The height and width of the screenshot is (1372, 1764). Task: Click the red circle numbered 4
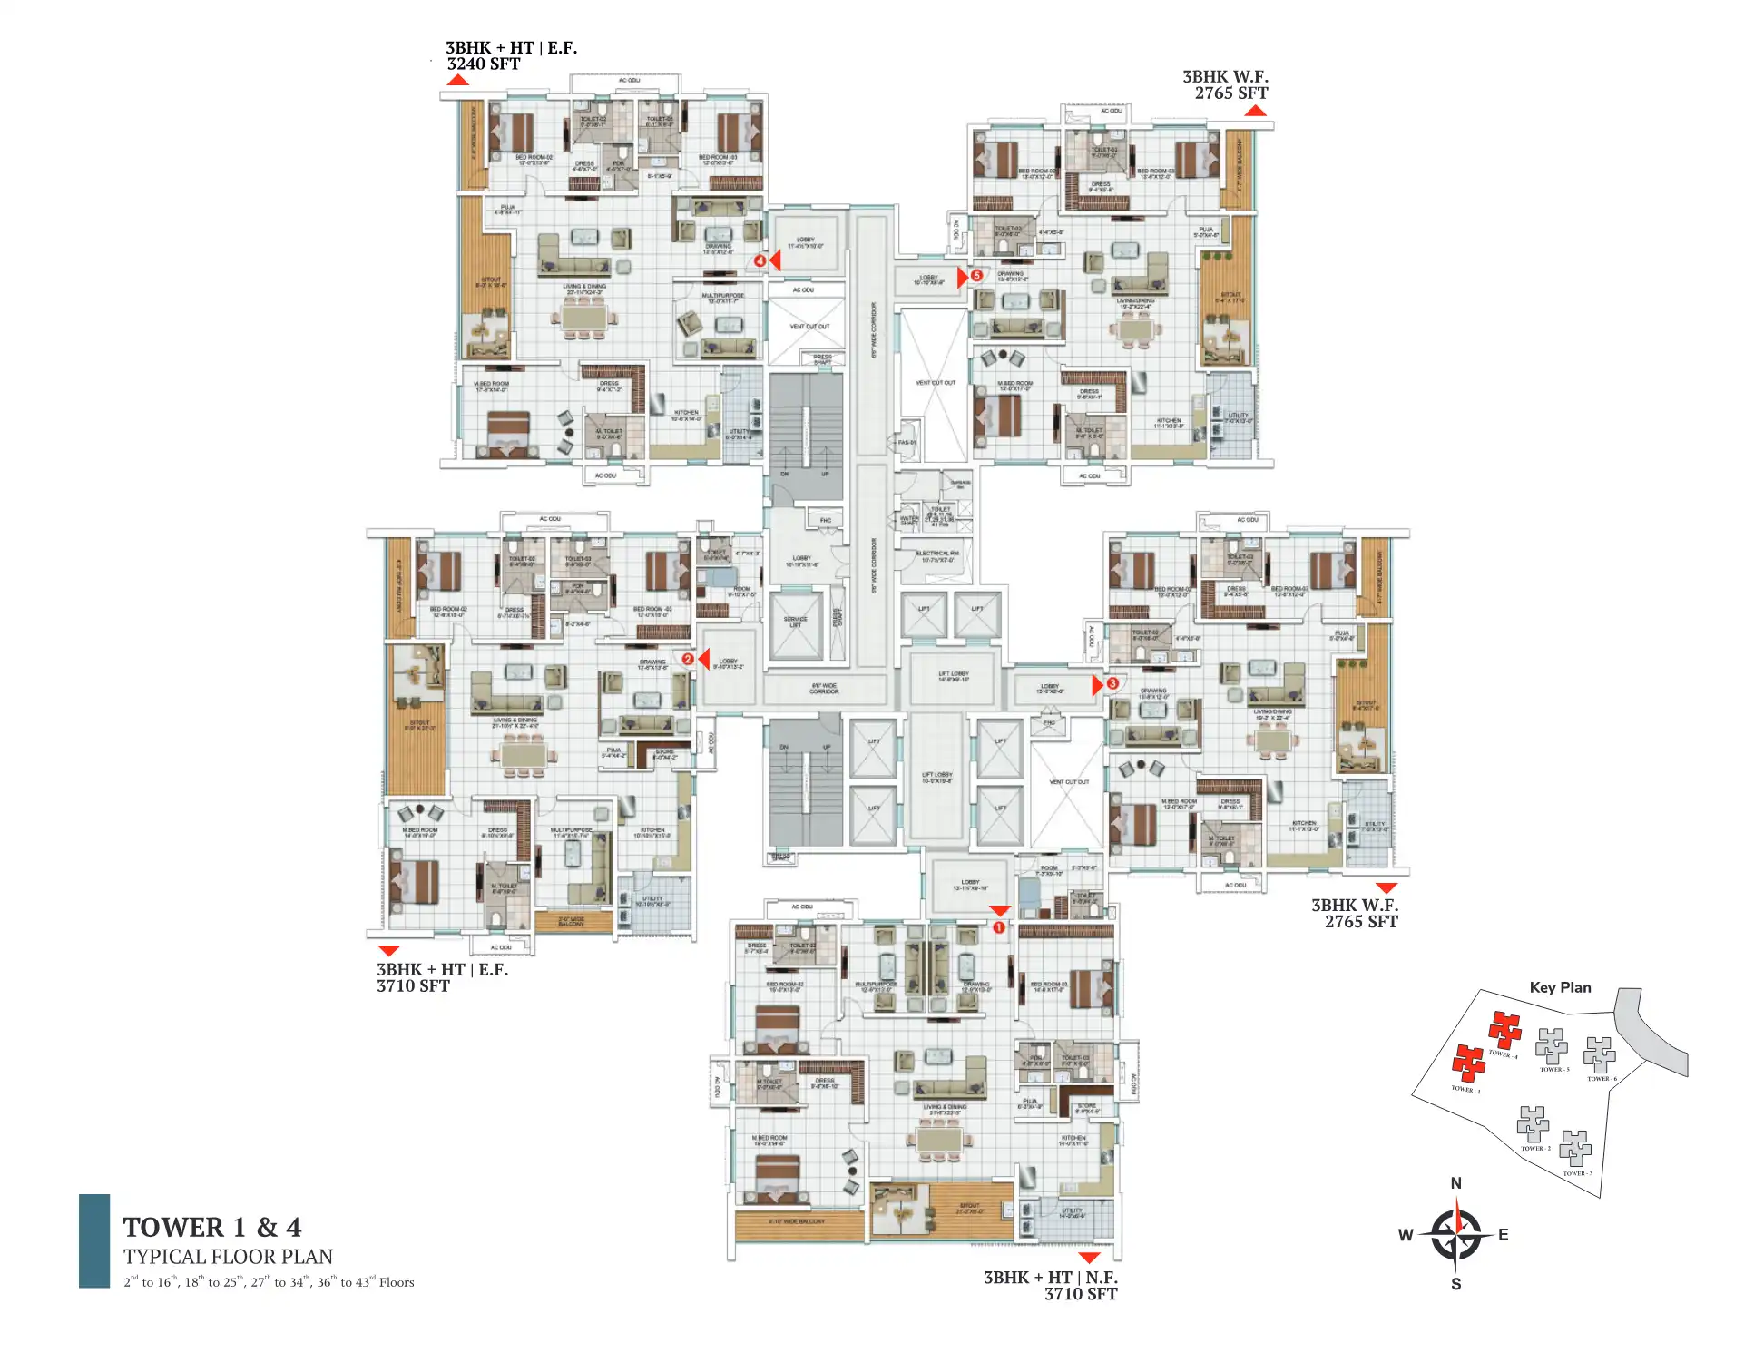[x=759, y=261]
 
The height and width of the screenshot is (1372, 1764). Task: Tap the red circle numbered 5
[x=976, y=275]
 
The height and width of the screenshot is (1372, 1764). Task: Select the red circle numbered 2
[x=688, y=659]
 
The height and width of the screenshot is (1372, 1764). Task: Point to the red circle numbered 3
[x=1112, y=683]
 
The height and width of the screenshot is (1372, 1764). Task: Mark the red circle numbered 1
[x=998, y=927]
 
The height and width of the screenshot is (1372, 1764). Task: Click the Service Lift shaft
[x=795, y=623]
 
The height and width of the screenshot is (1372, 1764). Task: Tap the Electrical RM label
[x=937, y=556]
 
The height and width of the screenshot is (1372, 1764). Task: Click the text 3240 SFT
[x=484, y=64]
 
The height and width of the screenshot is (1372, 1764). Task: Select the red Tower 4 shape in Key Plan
[x=1504, y=1030]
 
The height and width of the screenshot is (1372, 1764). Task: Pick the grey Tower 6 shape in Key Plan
[x=1599, y=1054]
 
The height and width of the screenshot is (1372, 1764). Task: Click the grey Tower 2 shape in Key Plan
[x=1533, y=1124]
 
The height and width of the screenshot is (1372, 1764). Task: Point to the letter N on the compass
[x=1456, y=1183]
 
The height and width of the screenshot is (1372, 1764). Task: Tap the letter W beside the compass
[x=1406, y=1235]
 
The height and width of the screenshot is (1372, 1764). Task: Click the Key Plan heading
[x=1560, y=987]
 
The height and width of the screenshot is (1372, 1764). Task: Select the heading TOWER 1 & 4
[x=212, y=1228]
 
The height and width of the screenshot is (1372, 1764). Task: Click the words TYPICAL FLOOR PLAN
[x=228, y=1257]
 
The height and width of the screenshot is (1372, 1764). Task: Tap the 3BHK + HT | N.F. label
[x=1050, y=1278]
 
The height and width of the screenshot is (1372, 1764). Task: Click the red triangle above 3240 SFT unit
[x=457, y=80]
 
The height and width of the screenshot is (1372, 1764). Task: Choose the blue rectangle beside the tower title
[x=94, y=1240]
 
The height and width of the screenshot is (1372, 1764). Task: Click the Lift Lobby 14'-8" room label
[x=953, y=676]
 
